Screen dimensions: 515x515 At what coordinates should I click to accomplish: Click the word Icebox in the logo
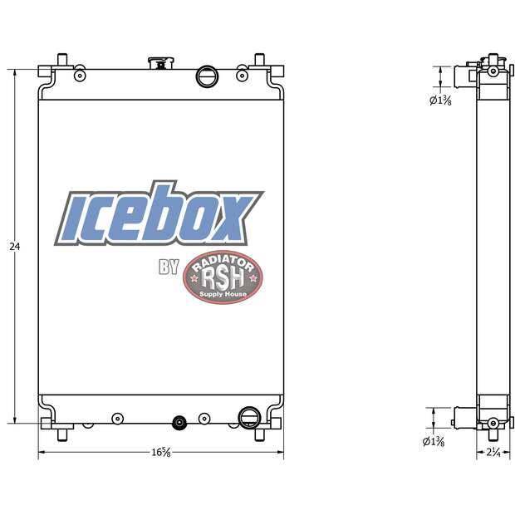coord(158,218)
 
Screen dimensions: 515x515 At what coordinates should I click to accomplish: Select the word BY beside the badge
coord(169,267)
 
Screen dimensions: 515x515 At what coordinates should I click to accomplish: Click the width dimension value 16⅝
coord(161,453)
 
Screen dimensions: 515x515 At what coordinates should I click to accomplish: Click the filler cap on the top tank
coord(157,64)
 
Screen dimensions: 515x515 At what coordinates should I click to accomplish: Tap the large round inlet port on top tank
coord(206,76)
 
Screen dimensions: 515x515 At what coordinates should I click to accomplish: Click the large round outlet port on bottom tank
coord(247,416)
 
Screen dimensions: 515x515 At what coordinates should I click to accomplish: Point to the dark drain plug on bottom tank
coord(177,423)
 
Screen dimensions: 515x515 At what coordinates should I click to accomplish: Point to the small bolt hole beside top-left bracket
coord(80,76)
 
